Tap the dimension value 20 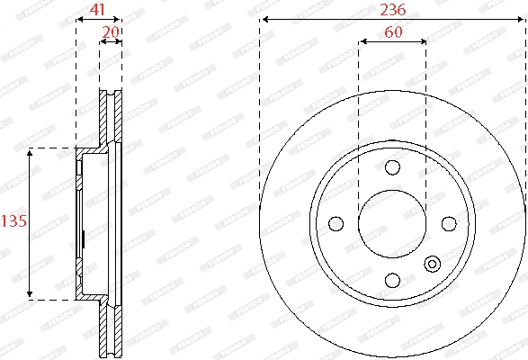click(112, 31)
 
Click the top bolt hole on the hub click(392, 167)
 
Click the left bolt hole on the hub click(336, 223)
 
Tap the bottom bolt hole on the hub click(392, 279)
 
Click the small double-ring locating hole click(432, 264)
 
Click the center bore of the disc click(392, 223)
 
